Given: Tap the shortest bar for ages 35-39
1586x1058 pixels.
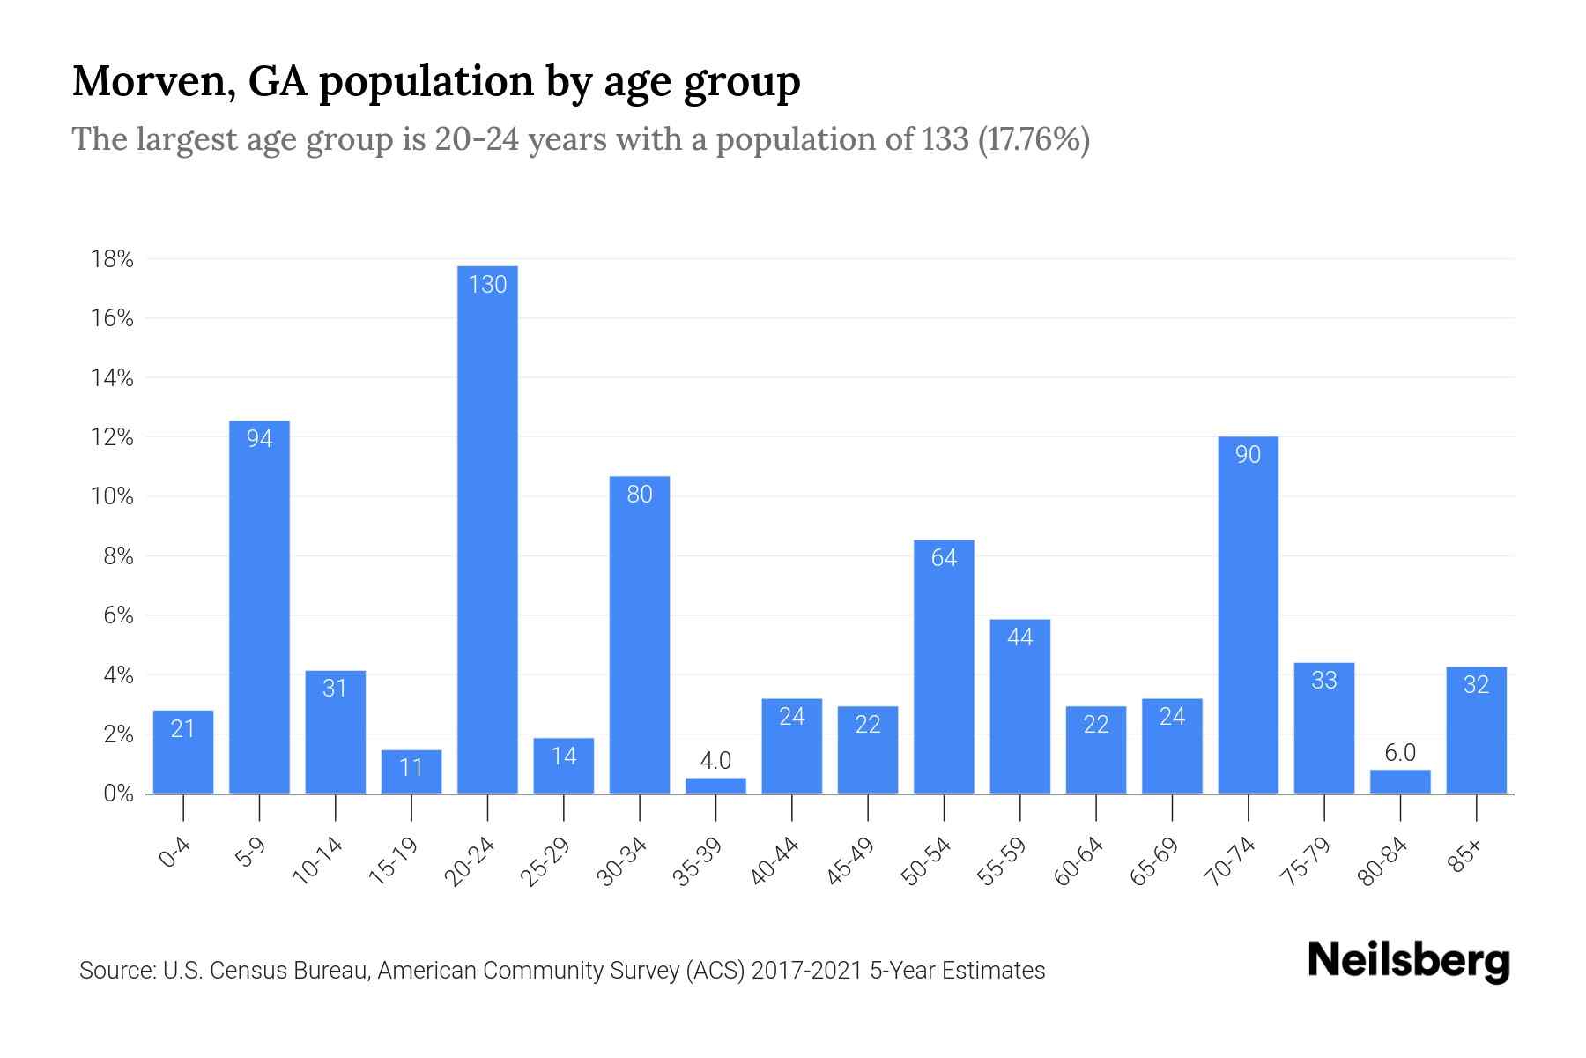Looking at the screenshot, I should pyautogui.click(x=715, y=786).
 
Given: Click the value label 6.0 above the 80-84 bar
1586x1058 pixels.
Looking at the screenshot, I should pyautogui.click(x=1400, y=752).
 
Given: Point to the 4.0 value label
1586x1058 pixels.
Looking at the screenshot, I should pyautogui.click(x=715, y=760).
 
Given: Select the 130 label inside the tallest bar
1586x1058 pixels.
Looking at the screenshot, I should pyautogui.click(x=487, y=284).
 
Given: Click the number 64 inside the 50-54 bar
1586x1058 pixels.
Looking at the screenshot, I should pyautogui.click(x=944, y=557).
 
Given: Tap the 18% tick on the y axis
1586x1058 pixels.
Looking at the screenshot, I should pyautogui.click(x=112, y=259).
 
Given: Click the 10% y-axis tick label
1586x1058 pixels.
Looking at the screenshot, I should pyautogui.click(x=112, y=496).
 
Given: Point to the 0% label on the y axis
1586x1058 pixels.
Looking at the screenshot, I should pyautogui.click(x=118, y=793).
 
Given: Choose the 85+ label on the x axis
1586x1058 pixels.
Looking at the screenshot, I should pyautogui.click(x=1465, y=856).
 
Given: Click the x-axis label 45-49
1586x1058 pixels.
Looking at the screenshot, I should pyautogui.click(x=851, y=861).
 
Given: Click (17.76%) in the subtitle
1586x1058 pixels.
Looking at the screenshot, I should pyautogui.click(x=1034, y=139).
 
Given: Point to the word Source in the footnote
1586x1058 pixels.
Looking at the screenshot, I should pyautogui.click(x=115, y=971).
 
